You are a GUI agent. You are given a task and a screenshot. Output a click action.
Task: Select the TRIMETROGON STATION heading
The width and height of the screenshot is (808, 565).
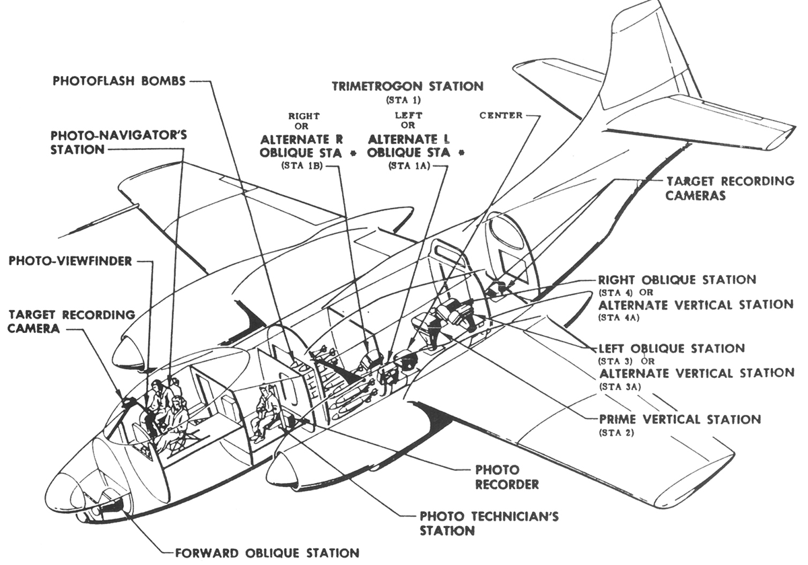407,86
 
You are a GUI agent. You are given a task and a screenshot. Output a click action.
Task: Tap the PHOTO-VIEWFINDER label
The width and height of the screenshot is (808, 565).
71,260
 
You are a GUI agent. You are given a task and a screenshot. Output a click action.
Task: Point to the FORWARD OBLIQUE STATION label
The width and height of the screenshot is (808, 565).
267,553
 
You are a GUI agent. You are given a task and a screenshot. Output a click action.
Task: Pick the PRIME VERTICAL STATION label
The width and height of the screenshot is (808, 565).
679,419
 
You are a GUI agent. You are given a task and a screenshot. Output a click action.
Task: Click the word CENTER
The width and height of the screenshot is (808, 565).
501,115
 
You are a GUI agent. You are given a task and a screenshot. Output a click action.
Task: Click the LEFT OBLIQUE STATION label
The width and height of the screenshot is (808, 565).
671,348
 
